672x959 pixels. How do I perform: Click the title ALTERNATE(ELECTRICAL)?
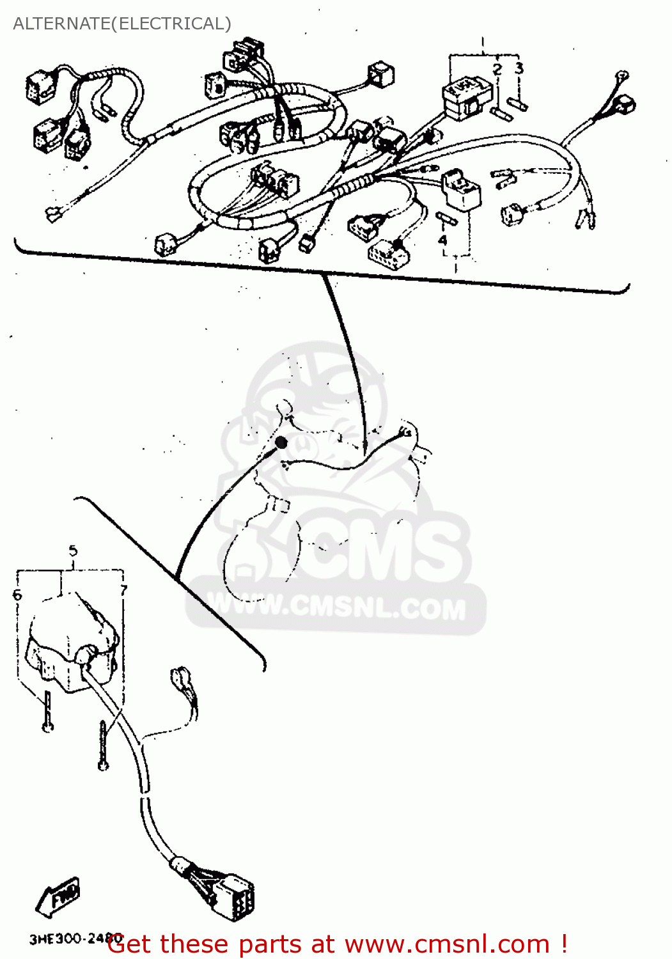[x=122, y=24]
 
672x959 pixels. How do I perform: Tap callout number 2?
[x=497, y=69]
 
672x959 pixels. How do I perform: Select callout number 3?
[x=519, y=68]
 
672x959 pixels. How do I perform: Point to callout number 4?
[x=442, y=240]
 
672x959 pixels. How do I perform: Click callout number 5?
[x=73, y=550]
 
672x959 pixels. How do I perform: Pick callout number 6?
[x=17, y=595]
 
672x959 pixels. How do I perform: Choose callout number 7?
[x=123, y=590]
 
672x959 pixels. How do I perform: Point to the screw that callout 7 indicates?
[x=103, y=745]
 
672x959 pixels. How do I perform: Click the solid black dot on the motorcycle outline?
[x=281, y=442]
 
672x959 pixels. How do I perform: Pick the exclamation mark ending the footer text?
[x=563, y=944]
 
